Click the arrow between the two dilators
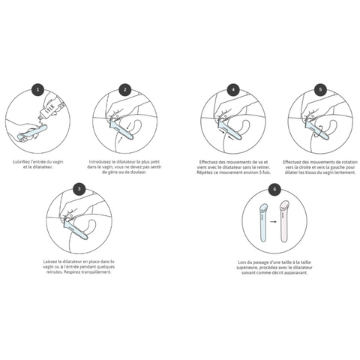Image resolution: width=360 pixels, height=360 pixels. tap(274, 223)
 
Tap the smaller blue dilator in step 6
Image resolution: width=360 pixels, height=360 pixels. tap(262, 223)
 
